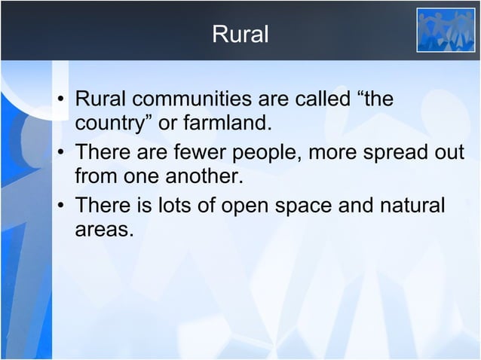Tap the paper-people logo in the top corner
446,31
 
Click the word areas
103,228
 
